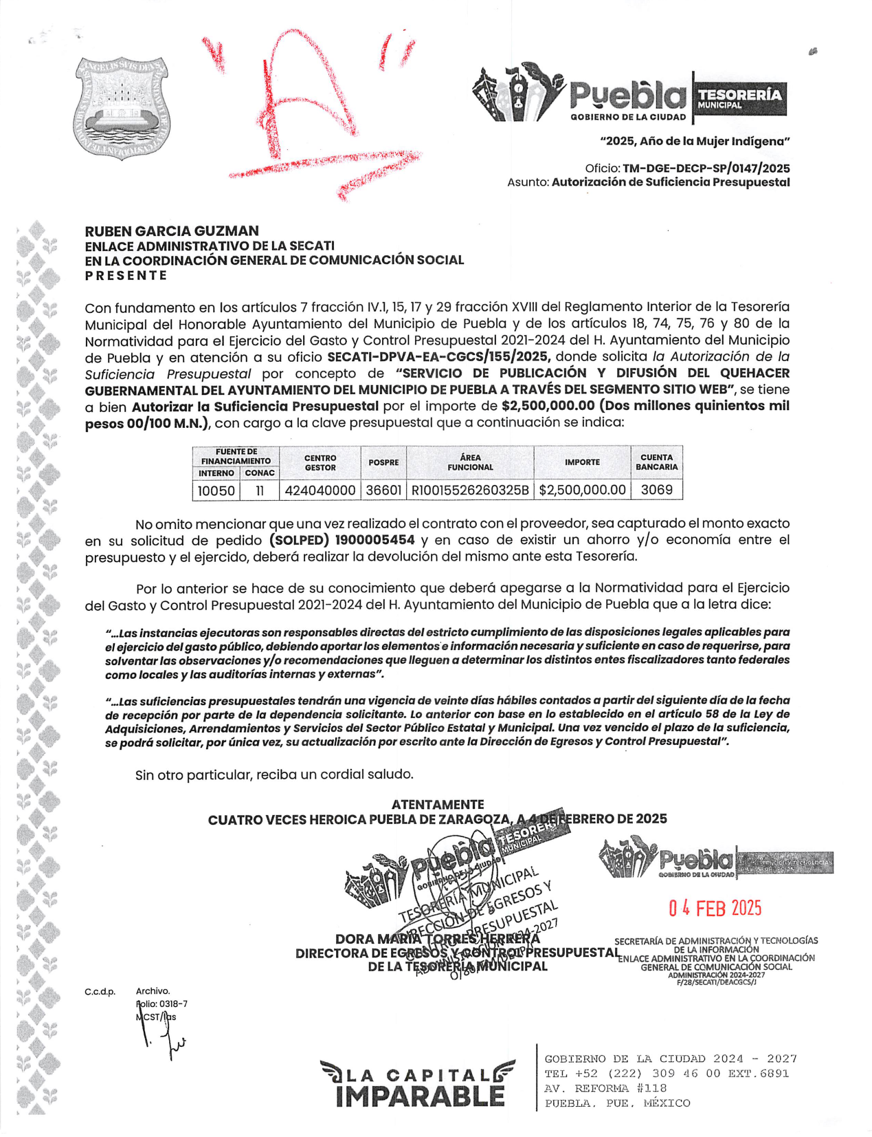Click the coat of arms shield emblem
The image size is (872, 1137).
pos(122,107)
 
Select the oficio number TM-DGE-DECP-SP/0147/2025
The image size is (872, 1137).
pos(706,169)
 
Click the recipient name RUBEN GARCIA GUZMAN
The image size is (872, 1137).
pos(172,231)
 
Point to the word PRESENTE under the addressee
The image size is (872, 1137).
pos(126,275)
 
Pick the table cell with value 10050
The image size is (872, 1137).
pos(216,490)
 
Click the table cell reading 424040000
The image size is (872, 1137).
pos(320,490)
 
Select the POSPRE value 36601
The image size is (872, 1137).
pos(383,490)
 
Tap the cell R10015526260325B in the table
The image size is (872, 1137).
pos(470,490)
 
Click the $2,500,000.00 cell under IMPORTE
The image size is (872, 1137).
pos(582,490)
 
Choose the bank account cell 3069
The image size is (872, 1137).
pos(656,490)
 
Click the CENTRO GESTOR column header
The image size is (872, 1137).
pos(320,462)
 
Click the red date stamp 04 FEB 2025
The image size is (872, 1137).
pos(715,909)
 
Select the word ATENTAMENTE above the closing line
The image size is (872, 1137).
pos(437,804)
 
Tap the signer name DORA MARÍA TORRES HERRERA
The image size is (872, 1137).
pos(437,939)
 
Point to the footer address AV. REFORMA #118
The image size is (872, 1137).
pos(605,1088)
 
